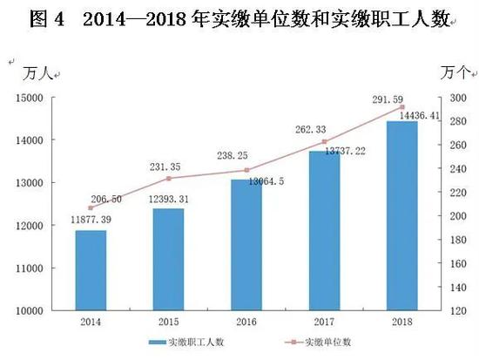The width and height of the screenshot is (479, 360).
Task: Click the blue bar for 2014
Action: click(x=91, y=269)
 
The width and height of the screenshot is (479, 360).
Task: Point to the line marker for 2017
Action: click(x=324, y=141)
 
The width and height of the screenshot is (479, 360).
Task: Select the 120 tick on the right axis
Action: click(x=457, y=309)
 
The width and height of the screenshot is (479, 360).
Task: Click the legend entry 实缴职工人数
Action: click(x=187, y=343)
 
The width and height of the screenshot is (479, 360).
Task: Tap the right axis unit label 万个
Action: click(x=455, y=71)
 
